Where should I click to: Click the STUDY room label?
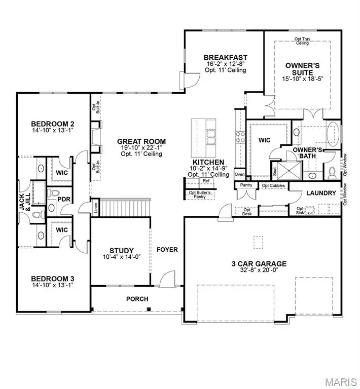(x=122, y=250)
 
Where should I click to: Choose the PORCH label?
(x=137, y=299)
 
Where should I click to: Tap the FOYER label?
(x=166, y=250)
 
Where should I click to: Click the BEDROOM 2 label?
(x=53, y=124)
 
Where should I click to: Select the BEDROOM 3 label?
(x=53, y=278)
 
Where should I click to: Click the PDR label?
(x=63, y=199)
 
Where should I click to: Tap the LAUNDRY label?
(x=321, y=193)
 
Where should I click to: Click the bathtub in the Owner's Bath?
(x=334, y=136)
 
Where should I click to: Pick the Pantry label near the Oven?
(x=246, y=185)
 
